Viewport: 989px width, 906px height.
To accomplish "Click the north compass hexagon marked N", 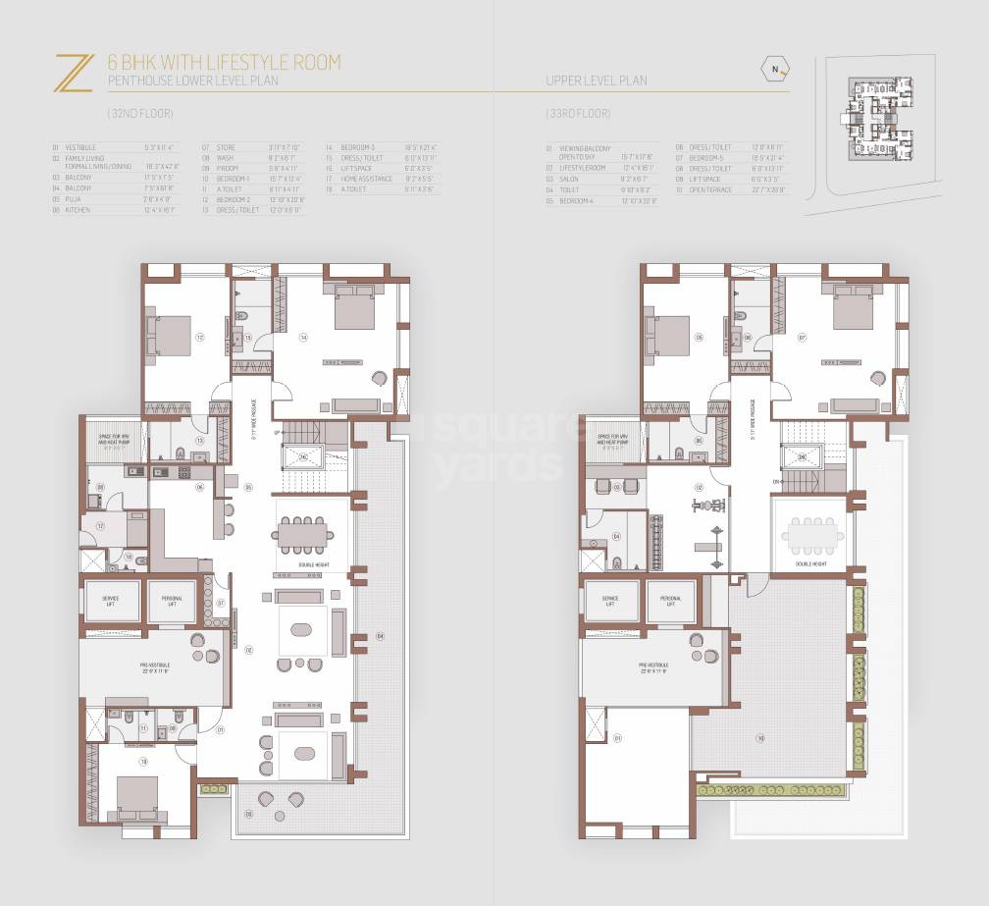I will [x=775, y=68].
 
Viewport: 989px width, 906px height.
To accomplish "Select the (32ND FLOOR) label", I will [x=130, y=113].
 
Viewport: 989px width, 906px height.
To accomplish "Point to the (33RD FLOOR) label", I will [x=577, y=113].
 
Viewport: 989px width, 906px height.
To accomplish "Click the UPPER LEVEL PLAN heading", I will [x=596, y=81].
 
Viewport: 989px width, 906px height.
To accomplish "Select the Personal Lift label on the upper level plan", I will [x=670, y=601].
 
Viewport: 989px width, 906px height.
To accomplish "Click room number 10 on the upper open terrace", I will [x=759, y=736].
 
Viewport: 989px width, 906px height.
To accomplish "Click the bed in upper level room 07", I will [x=850, y=311].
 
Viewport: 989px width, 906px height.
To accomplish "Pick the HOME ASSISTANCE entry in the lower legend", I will [x=364, y=178].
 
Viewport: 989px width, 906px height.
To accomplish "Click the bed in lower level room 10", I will [x=136, y=798].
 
